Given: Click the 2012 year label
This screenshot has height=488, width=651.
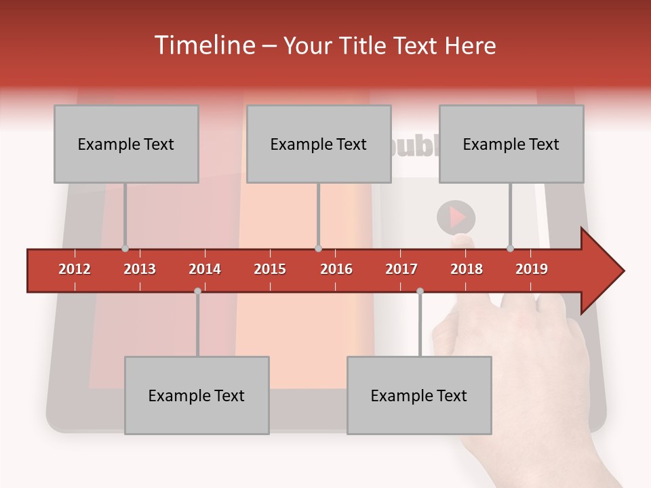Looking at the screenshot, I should point(75,269).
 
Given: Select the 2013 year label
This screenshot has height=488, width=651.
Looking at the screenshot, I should point(140,269).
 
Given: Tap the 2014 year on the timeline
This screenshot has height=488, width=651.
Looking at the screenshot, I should point(205,269).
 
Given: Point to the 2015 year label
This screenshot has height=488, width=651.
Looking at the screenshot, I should point(270,269).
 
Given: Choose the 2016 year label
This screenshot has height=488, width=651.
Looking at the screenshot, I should point(336,269).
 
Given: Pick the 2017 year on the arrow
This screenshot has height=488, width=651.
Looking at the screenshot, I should point(401,269).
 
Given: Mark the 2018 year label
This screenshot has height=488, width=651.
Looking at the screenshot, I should point(467,269).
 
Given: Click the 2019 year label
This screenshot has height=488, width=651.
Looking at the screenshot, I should point(532,269).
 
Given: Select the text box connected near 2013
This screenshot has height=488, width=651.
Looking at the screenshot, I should point(126,144).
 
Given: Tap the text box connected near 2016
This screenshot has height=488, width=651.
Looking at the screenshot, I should point(319,144).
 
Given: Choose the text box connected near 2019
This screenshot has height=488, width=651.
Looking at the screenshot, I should point(511,144).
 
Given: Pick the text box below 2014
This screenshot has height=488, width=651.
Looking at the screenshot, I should point(197,395).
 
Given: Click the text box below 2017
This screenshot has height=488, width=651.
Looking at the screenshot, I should point(419,395).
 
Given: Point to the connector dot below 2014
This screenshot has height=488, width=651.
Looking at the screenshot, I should point(197,291).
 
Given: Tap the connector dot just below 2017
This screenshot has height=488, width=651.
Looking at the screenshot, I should point(420,291).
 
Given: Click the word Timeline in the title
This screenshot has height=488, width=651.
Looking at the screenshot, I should point(204,45).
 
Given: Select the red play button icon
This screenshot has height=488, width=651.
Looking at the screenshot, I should point(456,218).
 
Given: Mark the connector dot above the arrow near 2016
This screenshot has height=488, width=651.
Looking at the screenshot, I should point(318,248).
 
